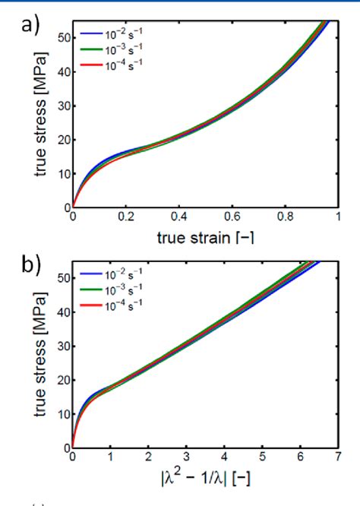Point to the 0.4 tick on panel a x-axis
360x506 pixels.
pyautogui.click(x=178, y=217)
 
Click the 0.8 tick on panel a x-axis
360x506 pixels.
pyautogui.click(x=284, y=217)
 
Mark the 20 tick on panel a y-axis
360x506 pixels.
pyautogui.click(x=63, y=139)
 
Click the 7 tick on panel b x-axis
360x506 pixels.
pyautogui.click(x=336, y=458)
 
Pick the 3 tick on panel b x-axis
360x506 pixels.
pyautogui.click(x=185, y=458)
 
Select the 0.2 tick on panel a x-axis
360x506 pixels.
pyautogui.click(x=125, y=217)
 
